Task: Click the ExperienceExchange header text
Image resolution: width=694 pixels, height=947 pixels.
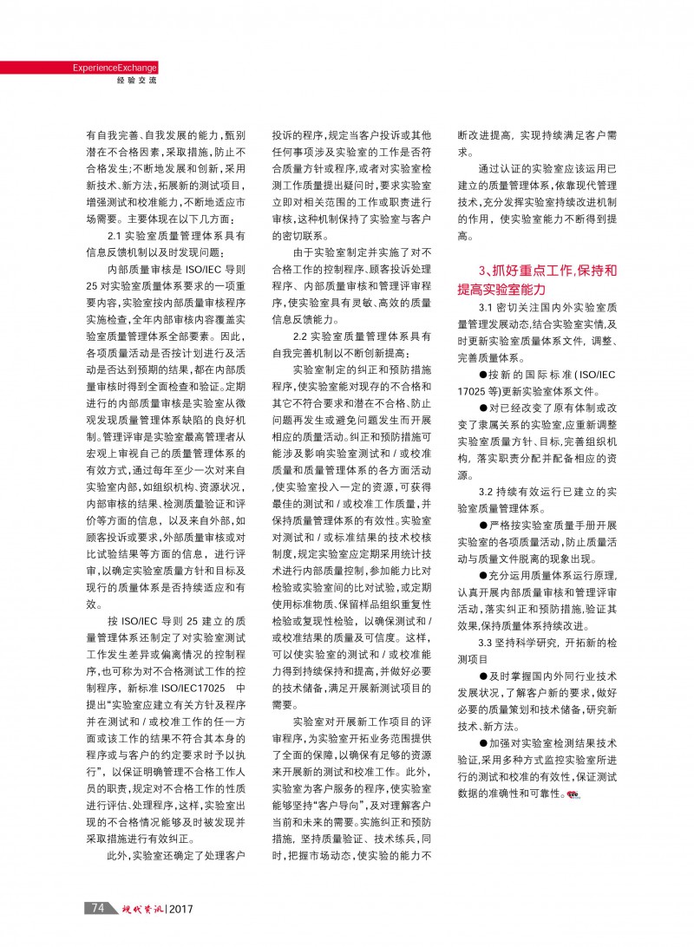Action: [114, 68]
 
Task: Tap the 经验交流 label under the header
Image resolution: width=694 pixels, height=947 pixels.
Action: [136, 81]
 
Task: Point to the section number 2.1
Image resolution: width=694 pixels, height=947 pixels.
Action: [116, 237]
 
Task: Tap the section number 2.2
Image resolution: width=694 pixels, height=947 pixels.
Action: [302, 336]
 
